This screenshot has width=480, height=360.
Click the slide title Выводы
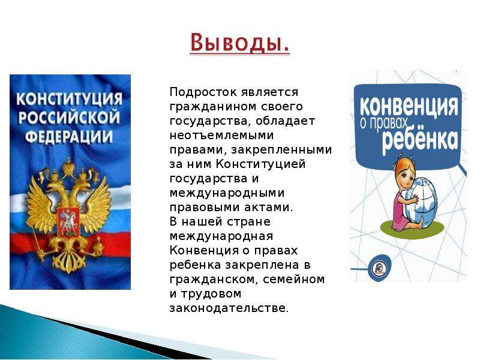239,43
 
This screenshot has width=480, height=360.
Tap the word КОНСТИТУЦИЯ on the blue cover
69,98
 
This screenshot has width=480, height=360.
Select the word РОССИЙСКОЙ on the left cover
69,117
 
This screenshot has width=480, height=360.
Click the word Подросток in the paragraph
203,92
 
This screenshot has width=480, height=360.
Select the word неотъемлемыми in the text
221,136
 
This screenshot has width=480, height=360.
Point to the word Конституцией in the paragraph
261,164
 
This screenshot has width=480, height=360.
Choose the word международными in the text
227,193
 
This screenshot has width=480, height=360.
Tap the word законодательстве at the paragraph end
229,308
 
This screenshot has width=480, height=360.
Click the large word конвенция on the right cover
409,106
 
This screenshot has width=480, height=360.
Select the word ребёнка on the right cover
419,139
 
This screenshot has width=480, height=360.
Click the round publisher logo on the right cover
380,268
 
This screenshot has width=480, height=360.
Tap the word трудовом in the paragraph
211,294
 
